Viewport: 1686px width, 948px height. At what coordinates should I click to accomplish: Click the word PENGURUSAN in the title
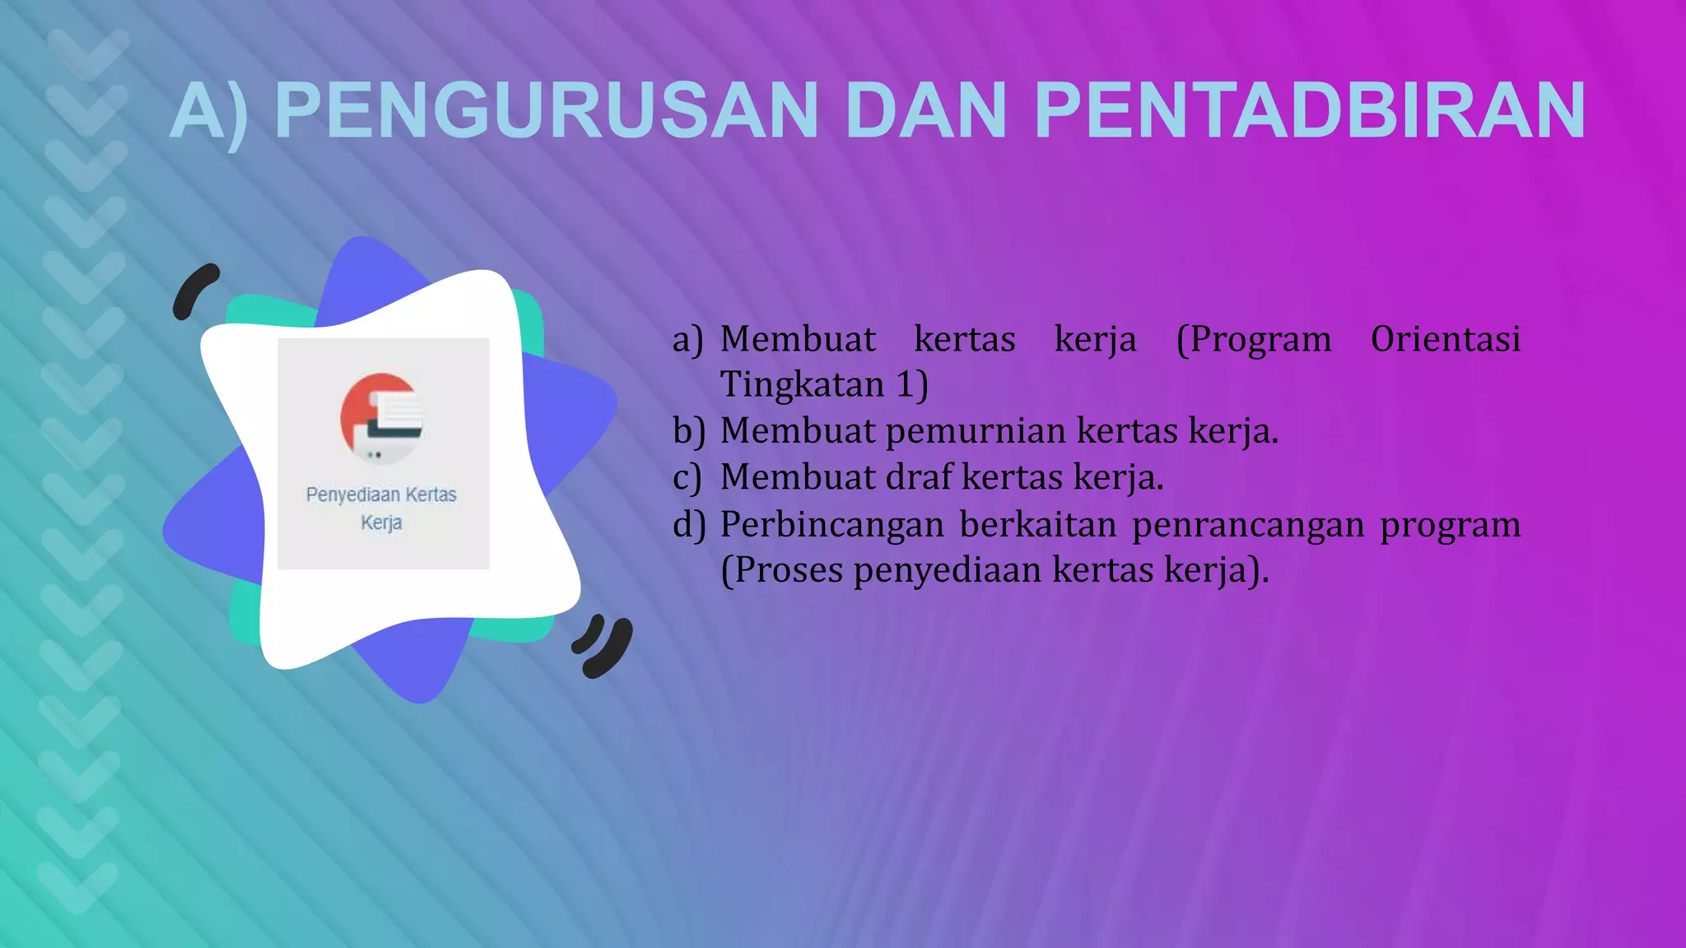[x=546, y=110]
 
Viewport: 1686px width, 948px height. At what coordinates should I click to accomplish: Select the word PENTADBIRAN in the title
[x=1309, y=110]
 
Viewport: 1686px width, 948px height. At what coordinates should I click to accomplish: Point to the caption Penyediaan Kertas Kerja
[x=381, y=508]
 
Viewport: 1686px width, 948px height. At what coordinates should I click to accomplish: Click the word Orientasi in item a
[x=1445, y=339]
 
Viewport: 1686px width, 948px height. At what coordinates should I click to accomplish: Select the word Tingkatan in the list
[x=802, y=384]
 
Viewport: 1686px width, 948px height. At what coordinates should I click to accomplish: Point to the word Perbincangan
[x=831, y=524]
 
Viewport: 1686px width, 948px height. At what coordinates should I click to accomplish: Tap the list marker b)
[x=688, y=430]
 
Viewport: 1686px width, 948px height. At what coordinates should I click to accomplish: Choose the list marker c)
[x=687, y=477]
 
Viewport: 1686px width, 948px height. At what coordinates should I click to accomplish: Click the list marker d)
[x=688, y=524]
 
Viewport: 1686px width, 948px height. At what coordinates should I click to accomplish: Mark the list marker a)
[x=687, y=339]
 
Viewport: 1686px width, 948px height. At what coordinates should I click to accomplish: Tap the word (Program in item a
[x=1253, y=339]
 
